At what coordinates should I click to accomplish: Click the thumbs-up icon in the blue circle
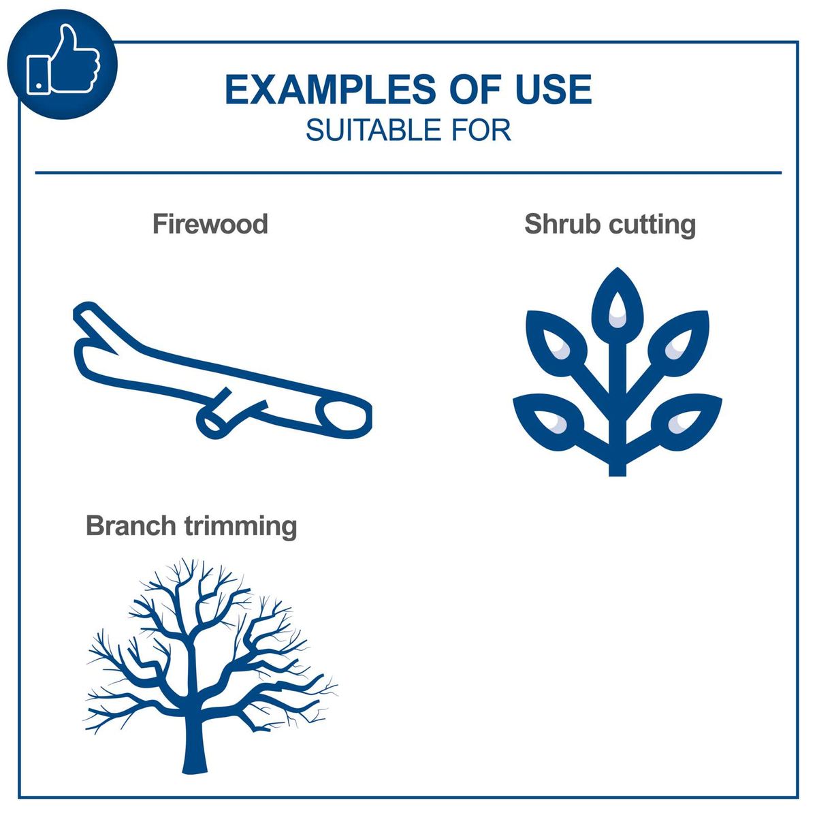tap(63, 63)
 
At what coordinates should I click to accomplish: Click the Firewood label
tap(210, 224)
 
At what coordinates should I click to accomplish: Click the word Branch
tap(128, 526)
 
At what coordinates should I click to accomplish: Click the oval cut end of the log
tap(346, 415)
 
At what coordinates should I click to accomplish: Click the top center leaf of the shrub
tap(618, 306)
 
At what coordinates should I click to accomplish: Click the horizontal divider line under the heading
tap(408, 173)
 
